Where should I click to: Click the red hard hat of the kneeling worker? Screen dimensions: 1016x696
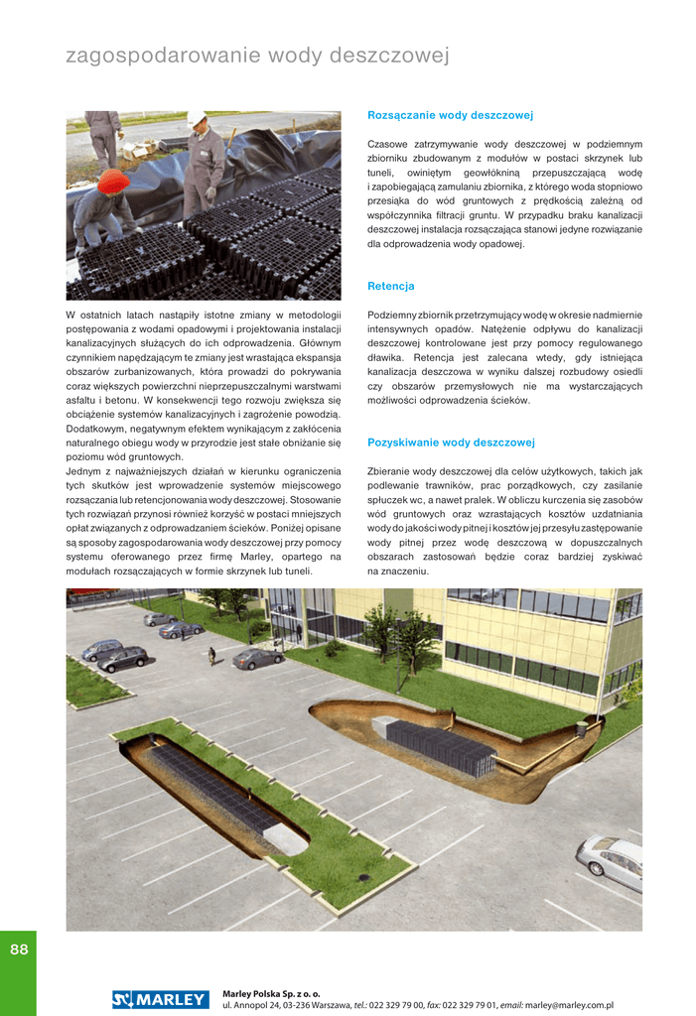tap(113, 182)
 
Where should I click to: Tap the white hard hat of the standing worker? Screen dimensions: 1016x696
tap(197, 119)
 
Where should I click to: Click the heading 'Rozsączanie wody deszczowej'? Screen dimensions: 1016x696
tap(451, 115)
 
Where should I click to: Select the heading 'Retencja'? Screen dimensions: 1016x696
tap(391, 286)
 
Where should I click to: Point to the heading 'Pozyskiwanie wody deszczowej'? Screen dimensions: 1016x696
tap(451, 443)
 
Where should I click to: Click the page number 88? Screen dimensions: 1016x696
tap(19, 950)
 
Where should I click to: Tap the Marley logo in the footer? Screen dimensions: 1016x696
tap(161, 999)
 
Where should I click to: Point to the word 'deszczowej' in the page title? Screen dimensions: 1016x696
tap(394, 56)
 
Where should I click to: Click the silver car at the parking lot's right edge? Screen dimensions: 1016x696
tap(611, 860)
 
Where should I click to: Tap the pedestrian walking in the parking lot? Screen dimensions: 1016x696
tap(211, 655)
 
